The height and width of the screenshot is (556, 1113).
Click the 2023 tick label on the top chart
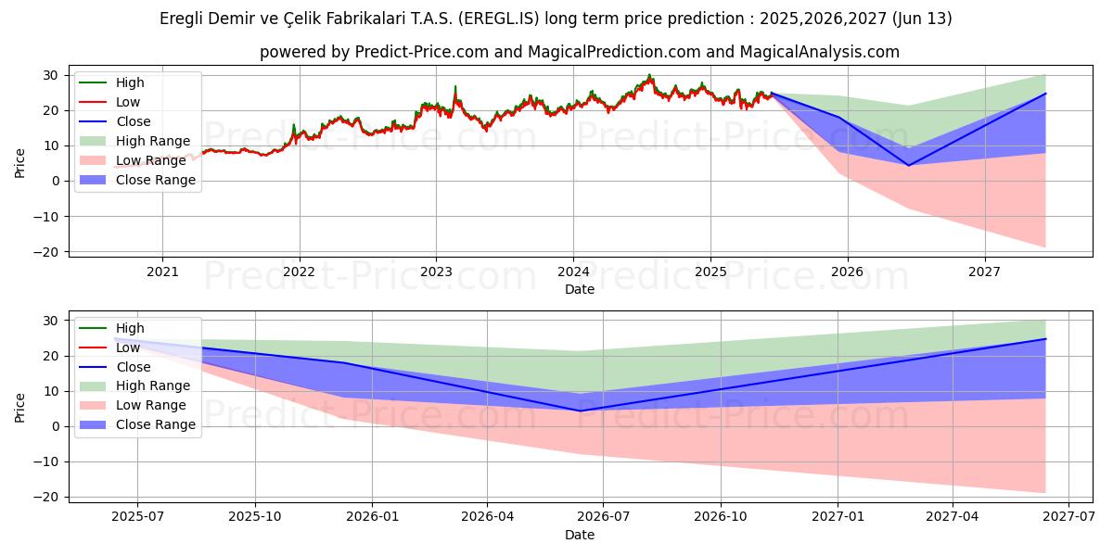coord(436,272)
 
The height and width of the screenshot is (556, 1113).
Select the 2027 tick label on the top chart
coord(984,272)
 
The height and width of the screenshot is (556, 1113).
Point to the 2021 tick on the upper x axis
coord(162,272)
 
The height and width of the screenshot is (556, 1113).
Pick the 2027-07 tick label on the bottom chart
coord(1068,517)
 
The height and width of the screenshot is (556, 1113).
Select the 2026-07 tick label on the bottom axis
coord(603,517)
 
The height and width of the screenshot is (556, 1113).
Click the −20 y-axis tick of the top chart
coord(50,252)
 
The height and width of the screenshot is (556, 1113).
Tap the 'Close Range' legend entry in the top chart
coord(155,180)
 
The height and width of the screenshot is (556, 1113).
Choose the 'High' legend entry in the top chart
coord(130,82)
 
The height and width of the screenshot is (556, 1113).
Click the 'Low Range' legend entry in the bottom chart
coord(150,405)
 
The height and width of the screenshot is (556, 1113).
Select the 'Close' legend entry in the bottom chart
coord(133,367)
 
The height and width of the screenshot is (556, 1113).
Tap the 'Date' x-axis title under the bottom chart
coord(580,535)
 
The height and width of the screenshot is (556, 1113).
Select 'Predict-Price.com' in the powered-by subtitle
coord(421,52)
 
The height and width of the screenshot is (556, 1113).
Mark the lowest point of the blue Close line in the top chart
coord(908,165)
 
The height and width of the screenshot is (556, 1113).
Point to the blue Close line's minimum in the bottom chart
coord(581,411)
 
